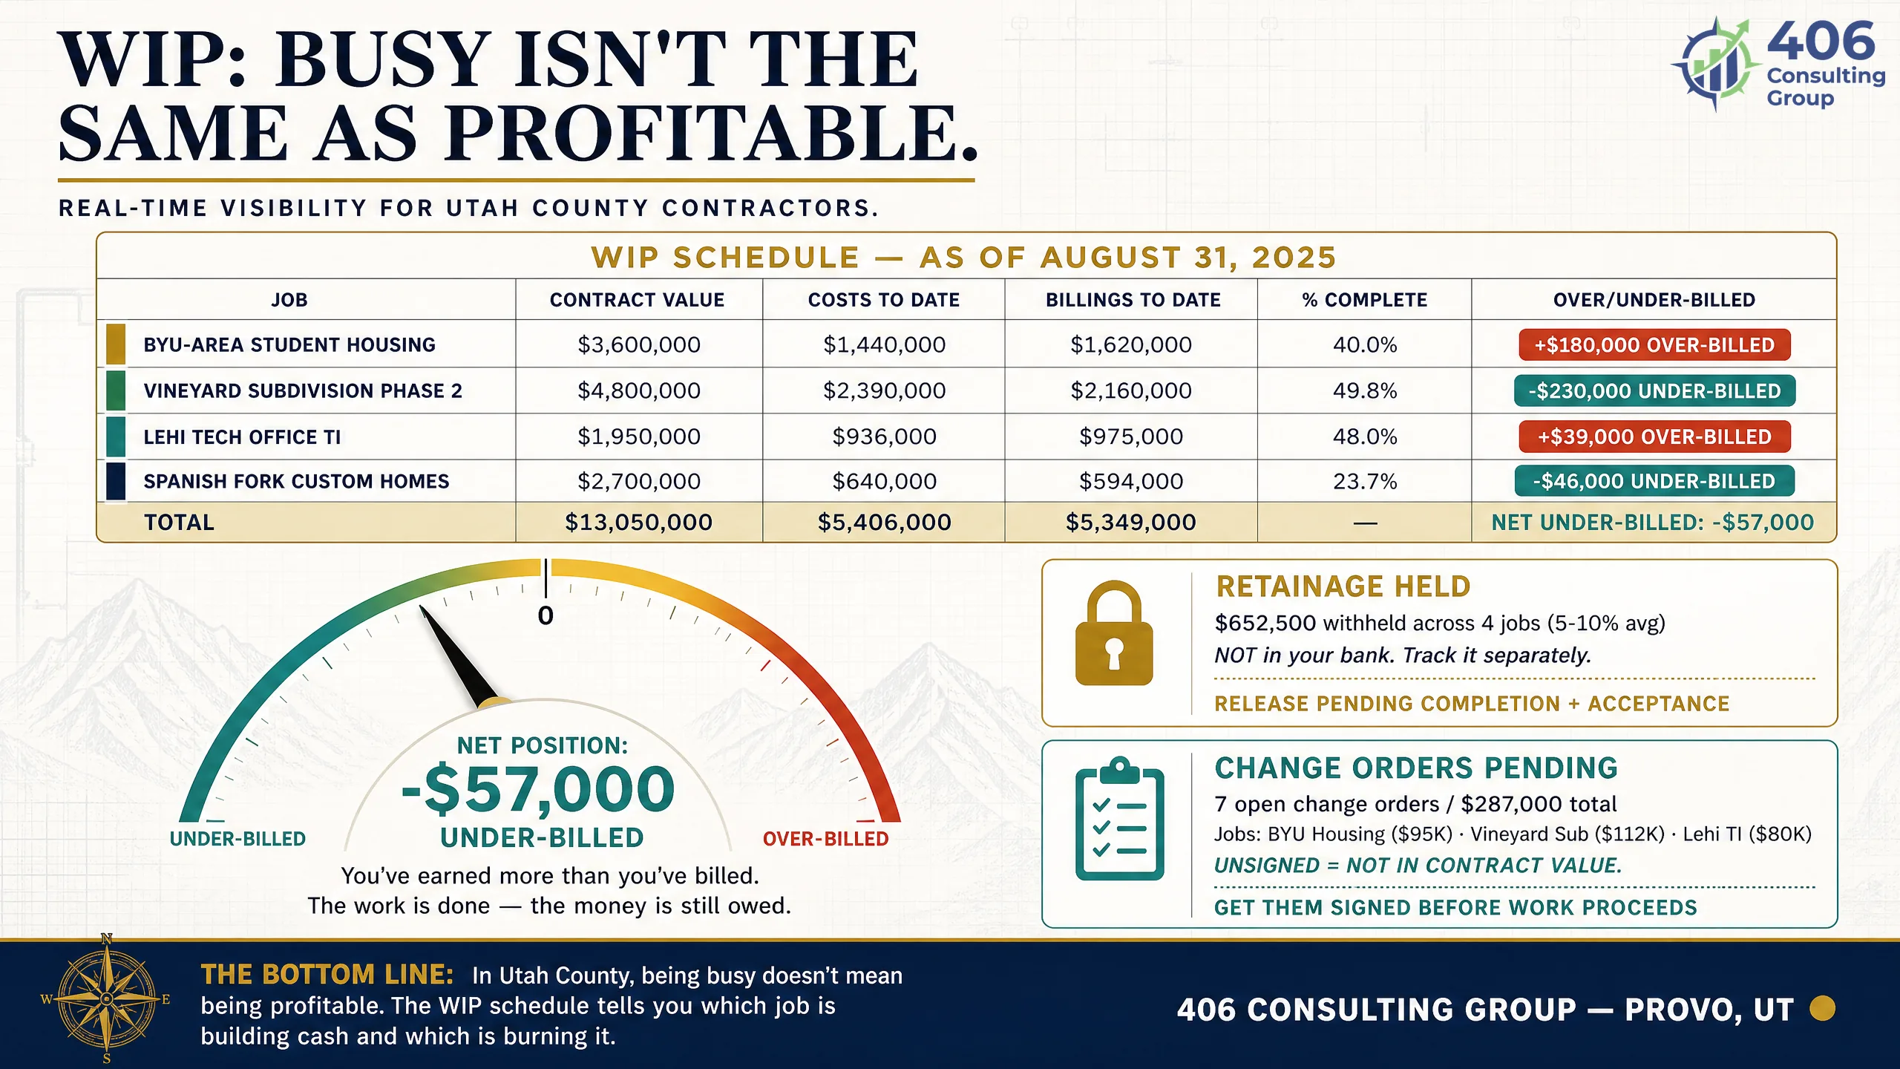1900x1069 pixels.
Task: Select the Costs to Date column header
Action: click(884, 300)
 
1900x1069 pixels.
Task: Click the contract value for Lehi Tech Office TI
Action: click(639, 437)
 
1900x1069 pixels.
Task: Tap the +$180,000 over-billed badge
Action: click(1654, 345)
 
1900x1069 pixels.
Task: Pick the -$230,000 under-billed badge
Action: click(1654, 391)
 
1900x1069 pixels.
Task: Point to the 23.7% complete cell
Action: click(1365, 482)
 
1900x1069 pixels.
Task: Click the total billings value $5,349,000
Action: click(1131, 523)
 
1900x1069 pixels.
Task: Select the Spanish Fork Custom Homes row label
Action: click(296, 482)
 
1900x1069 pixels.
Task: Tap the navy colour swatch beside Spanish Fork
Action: click(116, 481)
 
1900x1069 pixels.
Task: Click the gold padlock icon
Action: click(1114, 633)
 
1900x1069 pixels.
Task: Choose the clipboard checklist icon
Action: click(1120, 819)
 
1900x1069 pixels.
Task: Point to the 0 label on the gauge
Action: click(546, 616)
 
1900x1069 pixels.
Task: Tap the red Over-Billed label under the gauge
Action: click(825, 839)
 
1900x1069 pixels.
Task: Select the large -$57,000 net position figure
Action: click(538, 789)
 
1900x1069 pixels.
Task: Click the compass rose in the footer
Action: click(106, 999)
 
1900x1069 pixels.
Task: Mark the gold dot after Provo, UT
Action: click(1822, 1009)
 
